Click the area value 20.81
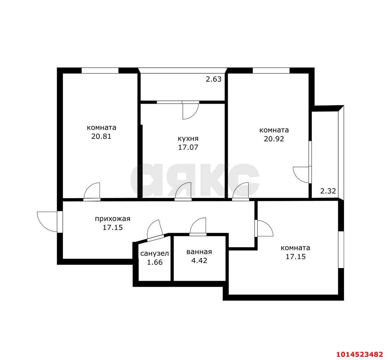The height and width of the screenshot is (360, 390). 101,136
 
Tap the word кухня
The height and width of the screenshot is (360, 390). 188,139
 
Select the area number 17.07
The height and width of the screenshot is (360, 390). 188,147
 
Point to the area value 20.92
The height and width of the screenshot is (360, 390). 274,139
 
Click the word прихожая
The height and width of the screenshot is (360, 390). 112,219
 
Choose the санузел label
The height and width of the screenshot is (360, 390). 154,253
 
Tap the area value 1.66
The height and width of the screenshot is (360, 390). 155,262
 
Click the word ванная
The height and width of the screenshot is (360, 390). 199,252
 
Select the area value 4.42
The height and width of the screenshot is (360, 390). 199,260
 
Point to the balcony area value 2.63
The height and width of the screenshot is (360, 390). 214,79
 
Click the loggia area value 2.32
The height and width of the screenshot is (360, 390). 328,191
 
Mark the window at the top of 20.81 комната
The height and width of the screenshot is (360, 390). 100,70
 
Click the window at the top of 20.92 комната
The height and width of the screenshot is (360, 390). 271,70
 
